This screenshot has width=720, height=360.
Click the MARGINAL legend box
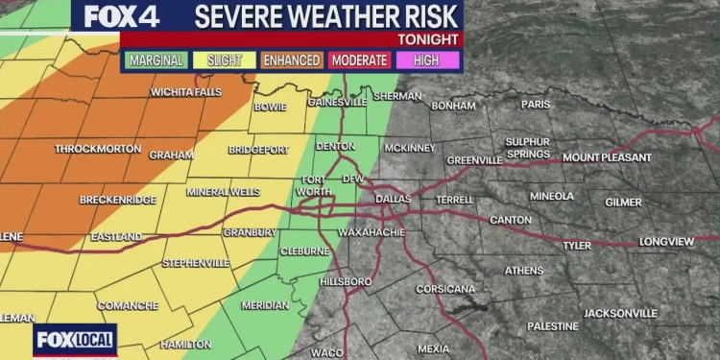(156, 60)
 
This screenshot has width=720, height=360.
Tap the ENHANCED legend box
(292, 60)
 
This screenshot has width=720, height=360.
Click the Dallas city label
(394, 198)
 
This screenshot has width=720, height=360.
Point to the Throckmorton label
(98, 150)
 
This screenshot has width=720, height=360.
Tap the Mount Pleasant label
(607, 157)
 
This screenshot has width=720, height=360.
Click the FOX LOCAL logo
(76, 340)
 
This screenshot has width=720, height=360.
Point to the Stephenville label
(196, 263)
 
